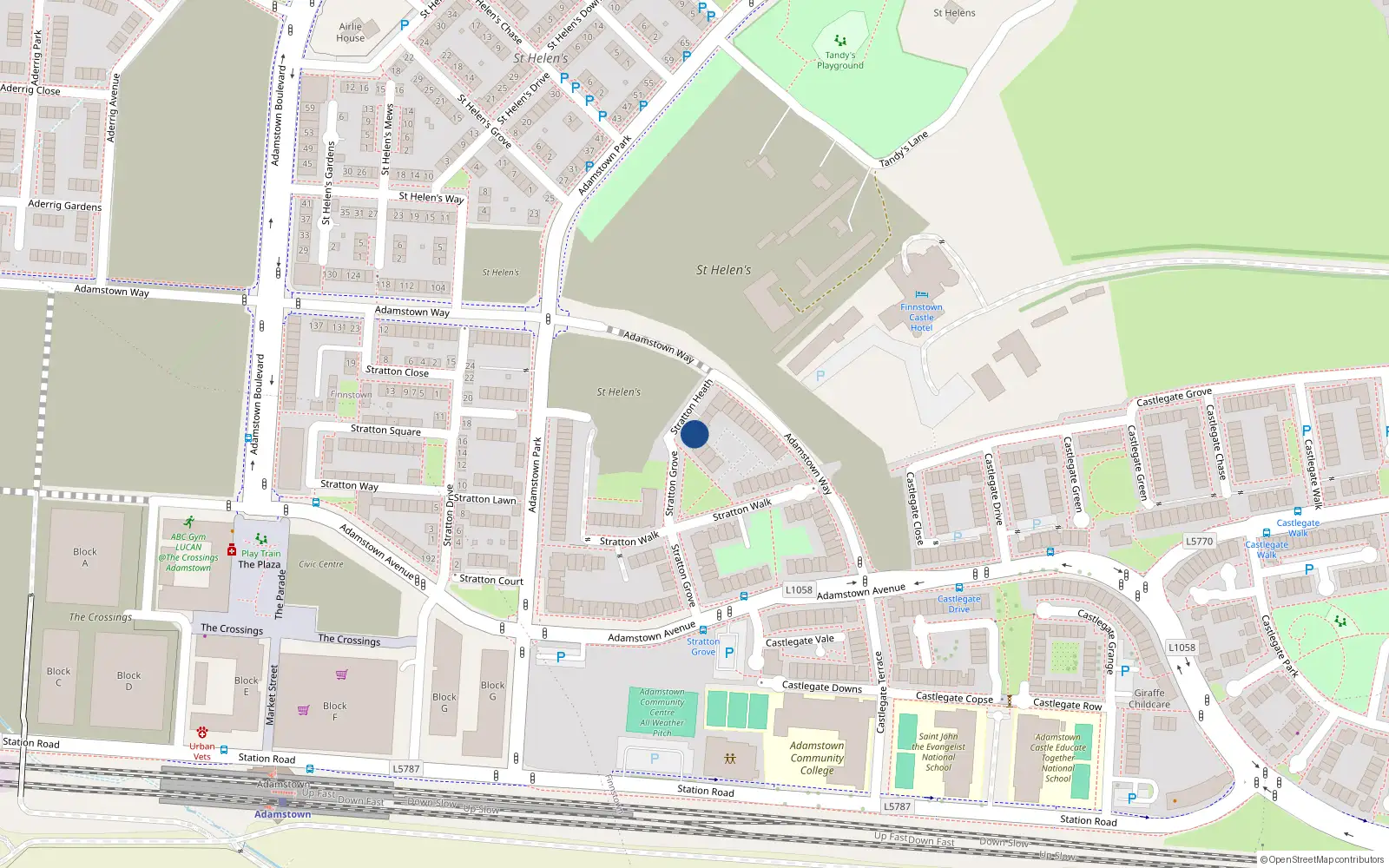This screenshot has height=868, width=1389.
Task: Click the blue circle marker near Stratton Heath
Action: (x=694, y=434)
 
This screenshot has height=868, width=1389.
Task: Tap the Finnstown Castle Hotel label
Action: (x=921, y=317)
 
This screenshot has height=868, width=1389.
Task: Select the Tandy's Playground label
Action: (x=839, y=60)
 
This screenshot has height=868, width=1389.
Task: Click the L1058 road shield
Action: (x=799, y=590)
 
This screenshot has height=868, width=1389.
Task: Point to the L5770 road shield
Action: (x=1199, y=542)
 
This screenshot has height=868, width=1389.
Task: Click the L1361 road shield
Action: (x=1182, y=648)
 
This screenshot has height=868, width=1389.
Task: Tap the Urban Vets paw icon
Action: (x=202, y=733)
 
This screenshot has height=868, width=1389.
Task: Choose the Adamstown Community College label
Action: (x=816, y=758)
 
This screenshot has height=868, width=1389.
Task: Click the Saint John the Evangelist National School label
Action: (x=938, y=752)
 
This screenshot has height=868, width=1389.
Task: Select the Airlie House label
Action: (x=351, y=32)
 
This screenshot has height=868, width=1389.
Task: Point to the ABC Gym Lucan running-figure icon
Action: (x=188, y=523)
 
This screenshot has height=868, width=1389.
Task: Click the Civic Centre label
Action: (x=321, y=564)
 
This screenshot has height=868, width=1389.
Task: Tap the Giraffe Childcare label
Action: (x=1149, y=699)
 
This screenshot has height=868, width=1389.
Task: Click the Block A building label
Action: (x=85, y=557)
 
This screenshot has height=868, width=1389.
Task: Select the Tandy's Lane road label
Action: (x=904, y=149)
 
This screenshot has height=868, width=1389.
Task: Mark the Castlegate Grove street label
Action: (x=1174, y=397)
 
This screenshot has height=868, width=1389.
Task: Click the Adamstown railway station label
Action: (x=282, y=814)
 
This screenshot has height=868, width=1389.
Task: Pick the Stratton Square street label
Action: (x=385, y=430)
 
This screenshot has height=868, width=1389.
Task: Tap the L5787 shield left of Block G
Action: (x=405, y=769)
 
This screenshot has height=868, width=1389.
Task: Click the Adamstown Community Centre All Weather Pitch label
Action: (x=662, y=713)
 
